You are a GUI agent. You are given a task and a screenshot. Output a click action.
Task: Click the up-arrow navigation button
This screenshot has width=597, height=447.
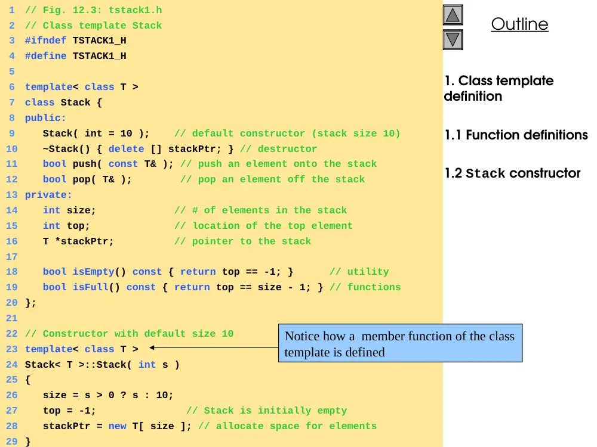tap(453, 15)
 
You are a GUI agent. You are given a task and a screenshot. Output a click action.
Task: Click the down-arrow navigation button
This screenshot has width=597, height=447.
tap(453, 39)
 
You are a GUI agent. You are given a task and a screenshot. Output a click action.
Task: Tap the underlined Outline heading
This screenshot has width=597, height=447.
tap(519, 24)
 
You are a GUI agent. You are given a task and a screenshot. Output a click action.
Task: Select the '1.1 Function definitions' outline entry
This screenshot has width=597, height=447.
tap(516, 135)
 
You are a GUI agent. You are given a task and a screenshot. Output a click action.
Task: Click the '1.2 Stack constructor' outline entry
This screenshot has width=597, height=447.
tap(512, 173)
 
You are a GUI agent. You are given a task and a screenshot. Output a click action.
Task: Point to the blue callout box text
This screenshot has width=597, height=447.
tap(399, 344)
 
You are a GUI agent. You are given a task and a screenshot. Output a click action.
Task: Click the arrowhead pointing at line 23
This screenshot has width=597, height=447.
tap(152, 347)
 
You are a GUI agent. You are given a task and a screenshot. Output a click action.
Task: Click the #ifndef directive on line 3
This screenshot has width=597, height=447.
tap(46, 41)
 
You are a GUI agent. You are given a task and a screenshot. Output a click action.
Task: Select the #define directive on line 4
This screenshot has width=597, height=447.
tap(46, 56)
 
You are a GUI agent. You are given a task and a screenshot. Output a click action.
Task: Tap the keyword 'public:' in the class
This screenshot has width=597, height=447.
tap(45, 118)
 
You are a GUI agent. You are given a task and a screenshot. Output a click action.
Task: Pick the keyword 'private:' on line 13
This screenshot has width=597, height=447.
tap(48, 195)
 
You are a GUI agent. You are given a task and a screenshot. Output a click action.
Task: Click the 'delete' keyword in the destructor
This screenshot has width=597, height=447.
tap(127, 148)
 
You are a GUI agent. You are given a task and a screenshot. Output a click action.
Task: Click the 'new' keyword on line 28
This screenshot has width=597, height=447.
tap(117, 426)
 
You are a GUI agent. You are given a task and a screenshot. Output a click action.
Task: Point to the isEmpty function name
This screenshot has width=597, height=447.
tap(94, 272)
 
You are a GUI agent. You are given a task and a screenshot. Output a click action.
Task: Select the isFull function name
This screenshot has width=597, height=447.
tap(91, 287)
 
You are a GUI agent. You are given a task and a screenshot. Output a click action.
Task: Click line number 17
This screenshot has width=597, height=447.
tap(12, 256)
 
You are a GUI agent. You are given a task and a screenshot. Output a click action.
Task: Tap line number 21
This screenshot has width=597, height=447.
tap(12, 318)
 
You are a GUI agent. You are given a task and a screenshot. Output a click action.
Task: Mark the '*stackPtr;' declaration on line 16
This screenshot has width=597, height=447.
tap(84, 241)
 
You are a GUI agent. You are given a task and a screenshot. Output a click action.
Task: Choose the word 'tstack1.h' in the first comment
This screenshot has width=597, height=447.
tap(136, 10)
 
